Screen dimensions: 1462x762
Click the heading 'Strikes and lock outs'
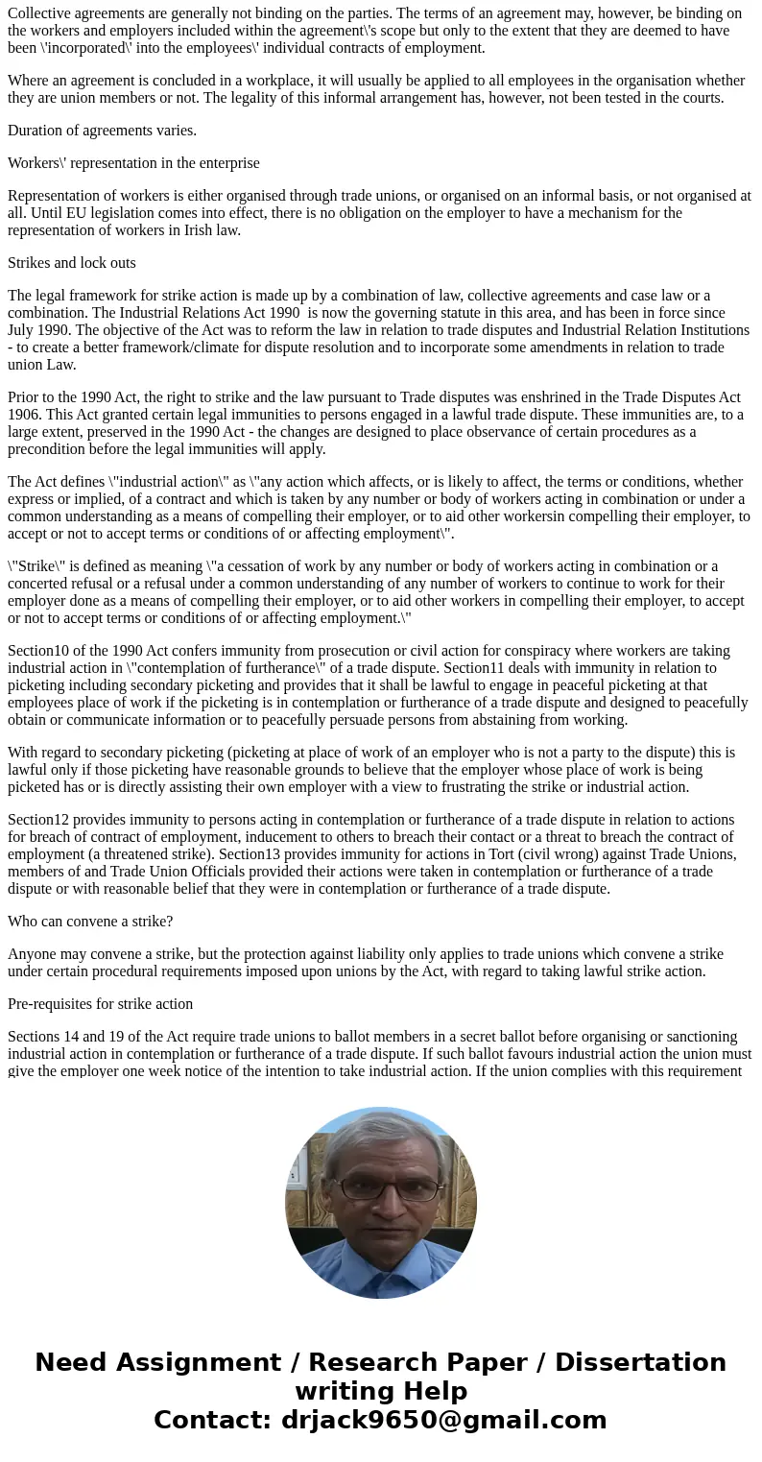(72, 263)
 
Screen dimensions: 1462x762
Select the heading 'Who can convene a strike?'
(90, 922)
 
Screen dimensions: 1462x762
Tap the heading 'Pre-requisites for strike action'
(100, 1004)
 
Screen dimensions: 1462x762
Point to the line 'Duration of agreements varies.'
(102, 131)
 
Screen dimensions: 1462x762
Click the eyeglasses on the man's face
(381, 1187)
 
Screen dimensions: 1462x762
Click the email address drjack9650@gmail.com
(443, 1421)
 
